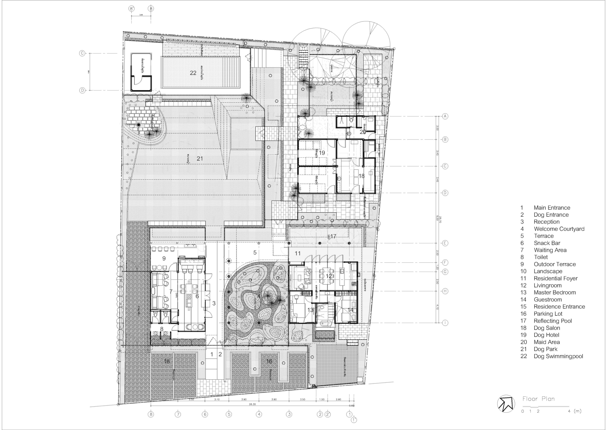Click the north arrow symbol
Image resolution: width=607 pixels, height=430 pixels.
pyautogui.click(x=506, y=404)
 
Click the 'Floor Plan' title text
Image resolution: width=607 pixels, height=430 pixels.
pyautogui.click(x=538, y=399)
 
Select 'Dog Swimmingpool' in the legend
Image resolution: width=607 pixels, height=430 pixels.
pyautogui.click(x=558, y=356)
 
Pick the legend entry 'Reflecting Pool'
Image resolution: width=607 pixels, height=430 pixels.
pyautogui.click(x=553, y=321)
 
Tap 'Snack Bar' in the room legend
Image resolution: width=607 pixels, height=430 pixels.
pyautogui.click(x=547, y=243)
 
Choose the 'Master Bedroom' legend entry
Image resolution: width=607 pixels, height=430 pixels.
pyautogui.click(x=554, y=293)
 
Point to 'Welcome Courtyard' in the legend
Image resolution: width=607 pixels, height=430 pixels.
pyautogui.click(x=559, y=229)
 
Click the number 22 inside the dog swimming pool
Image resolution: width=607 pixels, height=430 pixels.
pyautogui.click(x=193, y=73)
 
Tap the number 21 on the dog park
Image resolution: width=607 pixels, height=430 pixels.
pyautogui.click(x=199, y=158)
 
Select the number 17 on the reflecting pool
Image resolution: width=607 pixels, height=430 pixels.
pyautogui.click(x=333, y=236)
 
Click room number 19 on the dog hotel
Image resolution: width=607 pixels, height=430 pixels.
pyautogui.click(x=322, y=153)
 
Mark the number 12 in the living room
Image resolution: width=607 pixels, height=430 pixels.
pyautogui.click(x=329, y=276)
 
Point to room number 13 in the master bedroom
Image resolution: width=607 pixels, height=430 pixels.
pyautogui.click(x=310, y=310)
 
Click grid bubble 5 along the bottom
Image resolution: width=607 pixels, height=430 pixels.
pyautogui.click(x=229, y=414)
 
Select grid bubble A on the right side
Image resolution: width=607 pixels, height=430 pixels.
pyautogui.click(x=445, y=116)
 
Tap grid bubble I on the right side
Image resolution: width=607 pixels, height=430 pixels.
pyautogui.click(x=445, y=323)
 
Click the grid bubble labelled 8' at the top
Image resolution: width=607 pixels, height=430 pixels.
pyautogui.click(x=131, y=9)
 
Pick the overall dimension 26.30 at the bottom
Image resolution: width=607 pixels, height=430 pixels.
pyautogui.click(x=252, y=404)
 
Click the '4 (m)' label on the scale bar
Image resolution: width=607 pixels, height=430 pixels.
pyautogui.click(x=575, y=411)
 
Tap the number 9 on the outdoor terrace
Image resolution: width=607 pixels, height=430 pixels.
pyautogui.click(x=164, y=259)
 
